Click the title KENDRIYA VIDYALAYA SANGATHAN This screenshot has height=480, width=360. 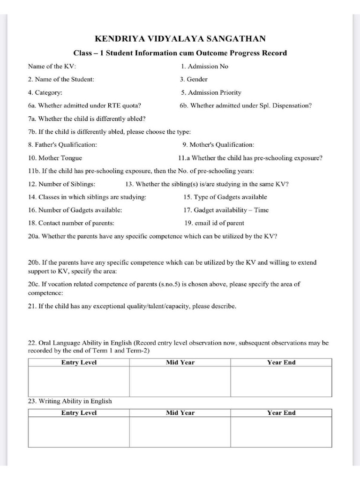180,39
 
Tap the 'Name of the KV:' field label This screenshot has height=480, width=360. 52,67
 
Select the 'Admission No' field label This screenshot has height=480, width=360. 204,67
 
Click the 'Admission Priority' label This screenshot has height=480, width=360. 211,93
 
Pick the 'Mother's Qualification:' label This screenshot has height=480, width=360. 218,145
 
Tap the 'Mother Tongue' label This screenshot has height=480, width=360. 55,158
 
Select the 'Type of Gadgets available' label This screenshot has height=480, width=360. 225,197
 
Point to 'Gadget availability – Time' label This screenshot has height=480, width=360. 226,210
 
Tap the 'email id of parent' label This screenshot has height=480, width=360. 214,224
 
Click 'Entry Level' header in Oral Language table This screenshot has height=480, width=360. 79,363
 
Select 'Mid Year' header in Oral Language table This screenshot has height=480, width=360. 180,363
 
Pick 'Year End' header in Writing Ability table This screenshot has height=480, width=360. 281,413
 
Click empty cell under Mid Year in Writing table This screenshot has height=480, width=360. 180,432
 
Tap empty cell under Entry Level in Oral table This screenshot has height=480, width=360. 79,382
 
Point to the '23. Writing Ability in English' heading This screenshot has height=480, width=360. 70,401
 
